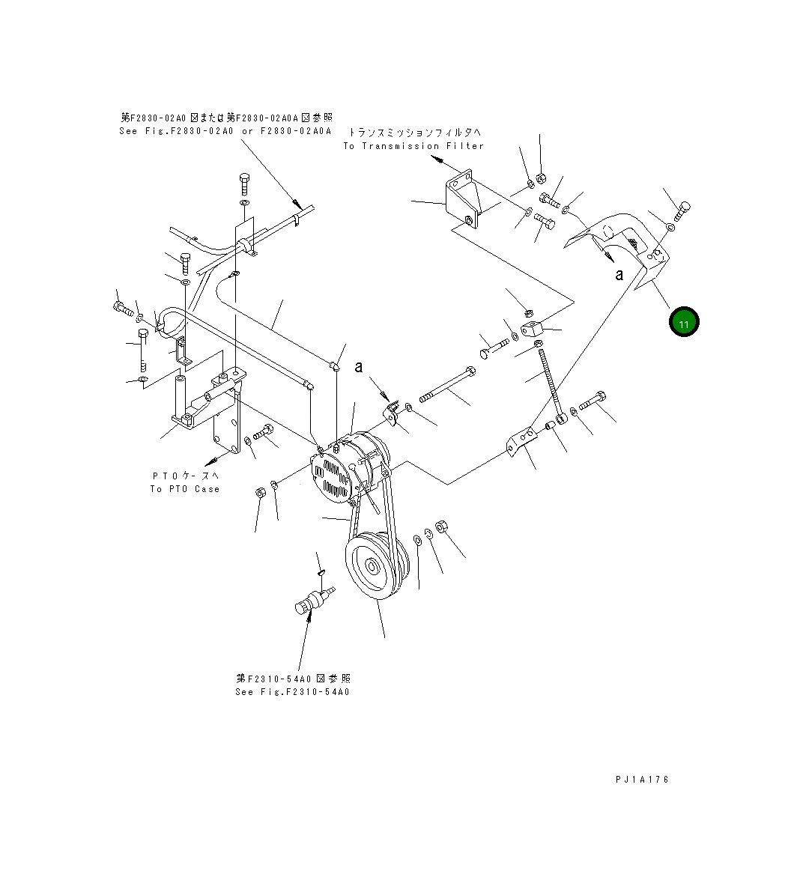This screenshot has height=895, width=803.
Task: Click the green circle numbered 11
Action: pos(683,322)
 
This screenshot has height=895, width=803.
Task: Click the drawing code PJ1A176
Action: pos(642,780)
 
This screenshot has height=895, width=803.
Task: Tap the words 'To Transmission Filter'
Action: pos(413,146)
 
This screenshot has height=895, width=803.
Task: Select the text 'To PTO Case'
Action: pos(185,489)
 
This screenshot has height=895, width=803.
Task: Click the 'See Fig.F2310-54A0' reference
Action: pos(292,692)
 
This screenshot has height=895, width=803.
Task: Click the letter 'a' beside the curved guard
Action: pos(619,275)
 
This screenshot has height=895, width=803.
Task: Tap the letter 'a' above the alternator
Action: pos(359,366)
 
